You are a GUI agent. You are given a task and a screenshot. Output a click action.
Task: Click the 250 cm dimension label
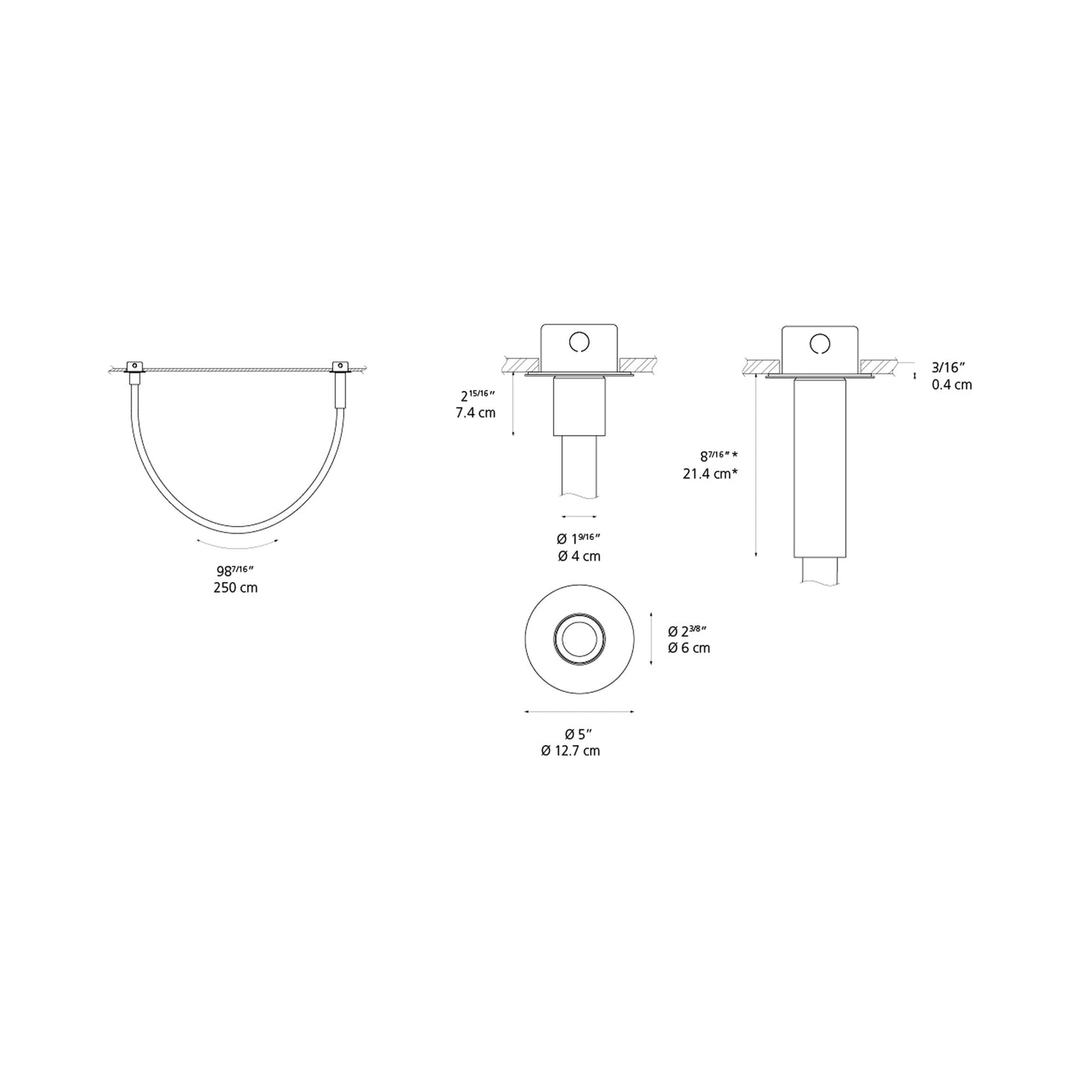235,587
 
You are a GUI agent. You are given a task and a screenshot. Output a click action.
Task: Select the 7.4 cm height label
475,413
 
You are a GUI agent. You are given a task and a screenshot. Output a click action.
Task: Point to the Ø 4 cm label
578,556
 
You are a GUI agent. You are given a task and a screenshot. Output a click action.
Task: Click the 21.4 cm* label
710,473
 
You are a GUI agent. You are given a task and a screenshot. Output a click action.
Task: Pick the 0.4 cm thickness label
951,385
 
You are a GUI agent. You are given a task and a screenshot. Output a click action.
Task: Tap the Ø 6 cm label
688,648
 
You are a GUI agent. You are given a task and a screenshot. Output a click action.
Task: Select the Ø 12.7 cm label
570,750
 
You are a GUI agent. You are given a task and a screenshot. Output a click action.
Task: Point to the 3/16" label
948,367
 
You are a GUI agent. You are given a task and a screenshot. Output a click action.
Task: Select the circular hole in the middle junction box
579,342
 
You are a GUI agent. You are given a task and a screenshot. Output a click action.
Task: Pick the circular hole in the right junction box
820,342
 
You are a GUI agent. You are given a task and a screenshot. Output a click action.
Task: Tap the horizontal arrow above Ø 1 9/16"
579,516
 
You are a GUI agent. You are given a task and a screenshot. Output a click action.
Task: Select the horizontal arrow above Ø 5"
579,712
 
